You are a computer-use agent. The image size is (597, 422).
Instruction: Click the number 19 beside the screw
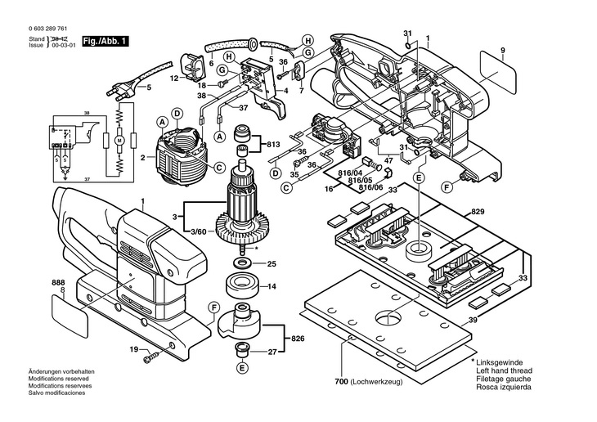[x=132, y=350]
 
